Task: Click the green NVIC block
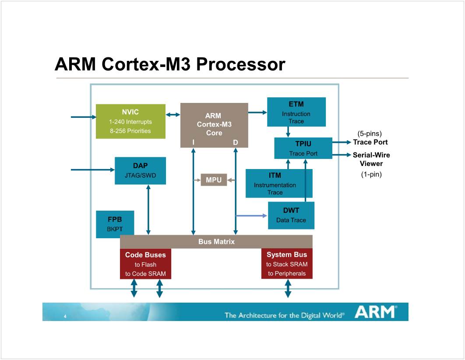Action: [x=130, y=121]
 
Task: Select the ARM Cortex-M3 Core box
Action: [x=214, y=125]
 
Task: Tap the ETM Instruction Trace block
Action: [x=296, y=112]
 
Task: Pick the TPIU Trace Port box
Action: [x=303, y=148]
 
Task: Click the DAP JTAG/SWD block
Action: [x=140, y=171]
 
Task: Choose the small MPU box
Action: [x=214, y=180]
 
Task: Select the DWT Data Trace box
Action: [x=291, y=215]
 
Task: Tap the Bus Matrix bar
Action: [x=216, y=242]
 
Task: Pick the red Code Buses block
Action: [x=145, y=264]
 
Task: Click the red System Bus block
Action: [x=287, y=264]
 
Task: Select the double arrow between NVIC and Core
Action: [x=173, y=115]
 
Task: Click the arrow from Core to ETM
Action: [x=257, y=113]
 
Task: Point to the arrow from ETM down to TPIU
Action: [x=288, y=132]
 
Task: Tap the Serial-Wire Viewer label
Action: [x=371, y=159]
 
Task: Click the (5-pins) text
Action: [x=370, y=133]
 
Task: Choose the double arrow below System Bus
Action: [x=288, y=289]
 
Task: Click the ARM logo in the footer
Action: [x=376, y=312]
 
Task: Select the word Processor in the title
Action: [x=240, y=64]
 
